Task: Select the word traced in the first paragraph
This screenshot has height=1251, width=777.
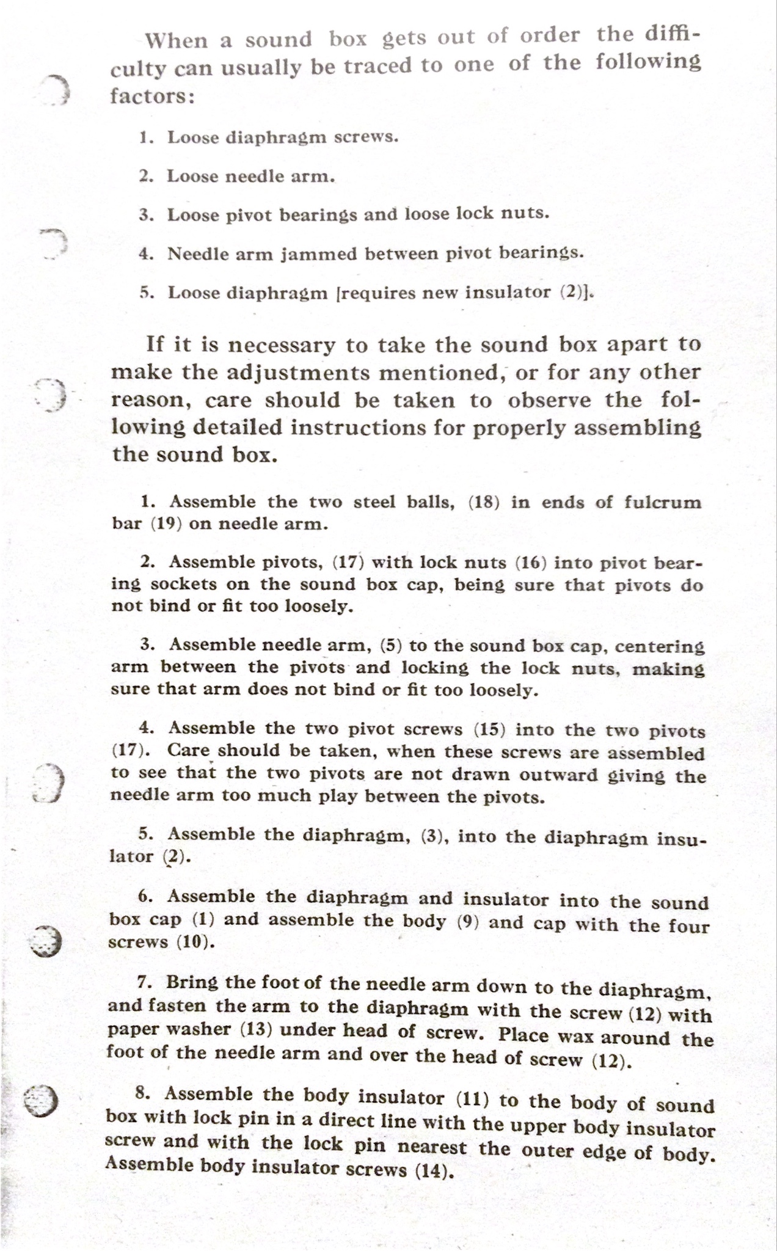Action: (379, 66)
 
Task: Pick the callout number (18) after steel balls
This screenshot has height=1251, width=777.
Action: (484, 502)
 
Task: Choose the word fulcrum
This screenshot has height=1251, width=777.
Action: (663, 503)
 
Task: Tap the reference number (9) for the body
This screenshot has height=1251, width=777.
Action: (467, 921)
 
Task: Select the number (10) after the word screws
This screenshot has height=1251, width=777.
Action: (195, 942)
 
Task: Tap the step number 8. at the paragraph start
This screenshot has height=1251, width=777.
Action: (143, 1093)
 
